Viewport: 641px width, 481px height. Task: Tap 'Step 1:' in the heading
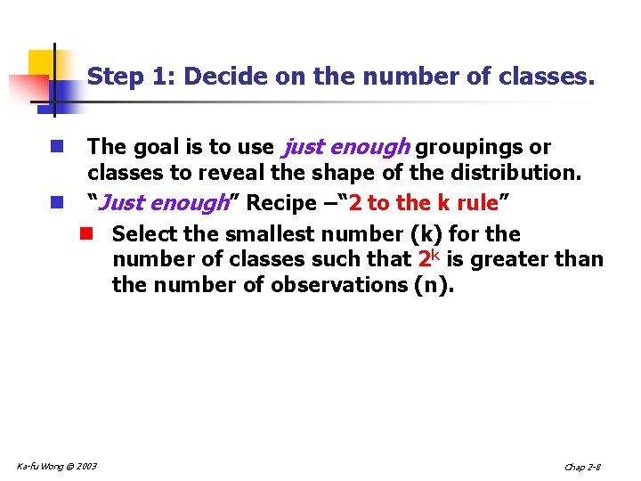pyautogui.click(x=132, y=77)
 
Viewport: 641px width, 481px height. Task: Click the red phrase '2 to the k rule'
pyautogui.click(x=423, y=203)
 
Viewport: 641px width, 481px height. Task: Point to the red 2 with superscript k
pyautogui.click(x=429, y=258)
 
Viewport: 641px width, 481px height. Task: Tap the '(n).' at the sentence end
pyautogui.click(x=434, y=285)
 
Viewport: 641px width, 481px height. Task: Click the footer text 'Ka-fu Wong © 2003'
pyautogui.click(x=57, y=465)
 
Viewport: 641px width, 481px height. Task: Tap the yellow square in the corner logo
pyautogui.click(x=42, y=64)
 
